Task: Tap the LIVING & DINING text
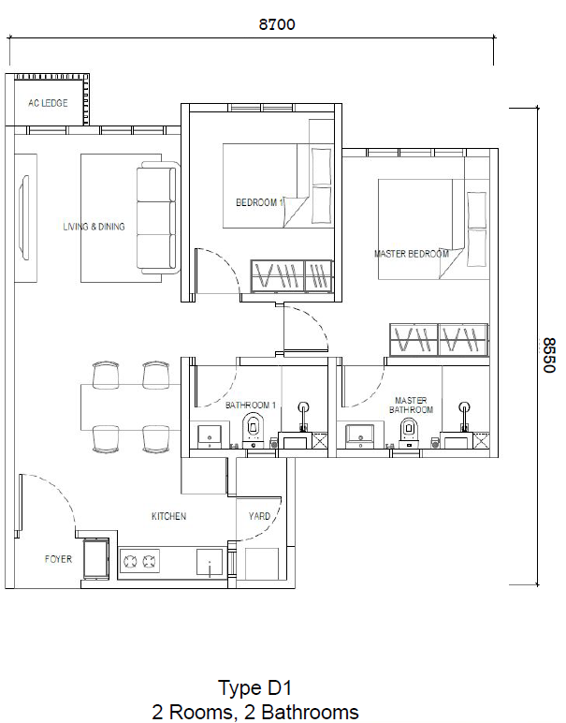pos(94,227)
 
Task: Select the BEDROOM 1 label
pos(259,202)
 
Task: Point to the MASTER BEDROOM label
pos(411,254)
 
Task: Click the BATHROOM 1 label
pos(251,406)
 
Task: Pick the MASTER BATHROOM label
pos(411,405)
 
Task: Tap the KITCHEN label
pos(169,516)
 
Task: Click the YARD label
pos(259,516)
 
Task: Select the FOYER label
pos(58,559)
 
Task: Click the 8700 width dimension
pos(277,25)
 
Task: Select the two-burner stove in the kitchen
pos(141,561)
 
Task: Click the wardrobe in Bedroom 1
pos(291,276)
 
